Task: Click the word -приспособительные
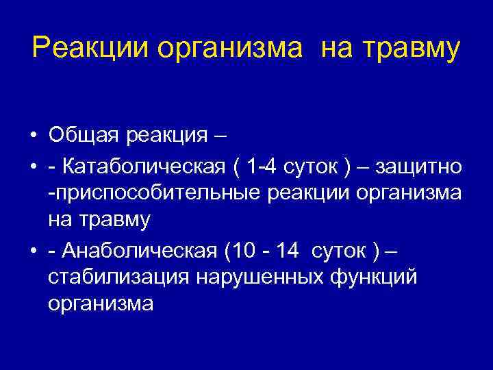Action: [151, 193]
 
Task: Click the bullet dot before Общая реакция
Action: [33, 136]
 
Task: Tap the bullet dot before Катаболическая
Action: [33, 167]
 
